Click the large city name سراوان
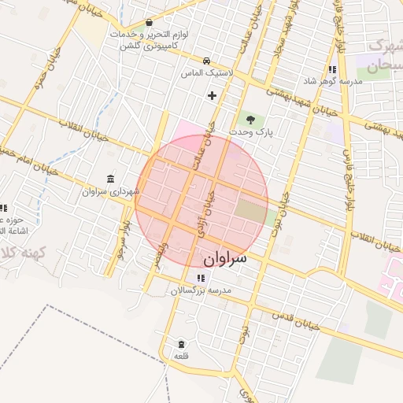click(224, 258)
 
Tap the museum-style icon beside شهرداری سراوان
click(109, 179)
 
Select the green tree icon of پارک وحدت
click(250, 120)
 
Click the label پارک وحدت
click(254, 133)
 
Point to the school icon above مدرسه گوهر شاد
click(333, 69)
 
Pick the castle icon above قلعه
click(182, 345)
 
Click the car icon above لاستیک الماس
click(206, 61)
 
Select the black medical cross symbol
click(211, 96)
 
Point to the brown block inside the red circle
click(251, 210)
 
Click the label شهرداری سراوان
click(109, 191)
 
